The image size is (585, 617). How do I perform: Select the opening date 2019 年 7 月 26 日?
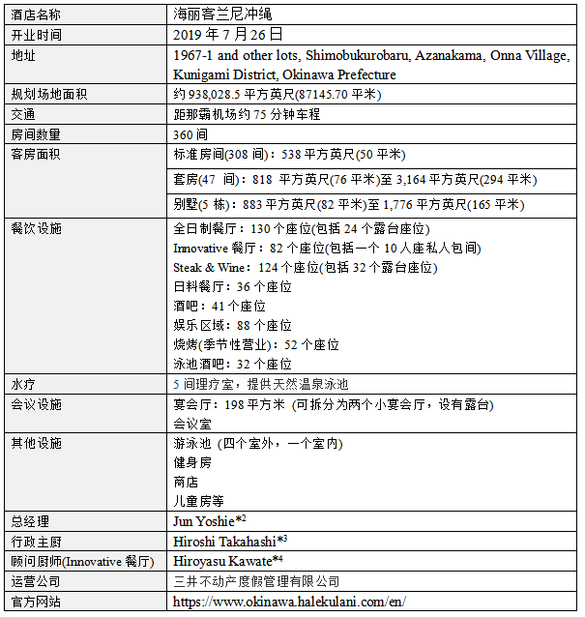[229, 33]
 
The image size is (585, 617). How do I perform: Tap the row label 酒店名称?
[36, 15]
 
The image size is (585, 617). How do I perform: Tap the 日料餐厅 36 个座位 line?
[232, 286]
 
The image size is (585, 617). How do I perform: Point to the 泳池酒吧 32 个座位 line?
[232, 364]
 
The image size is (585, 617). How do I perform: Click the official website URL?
[289, 601]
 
